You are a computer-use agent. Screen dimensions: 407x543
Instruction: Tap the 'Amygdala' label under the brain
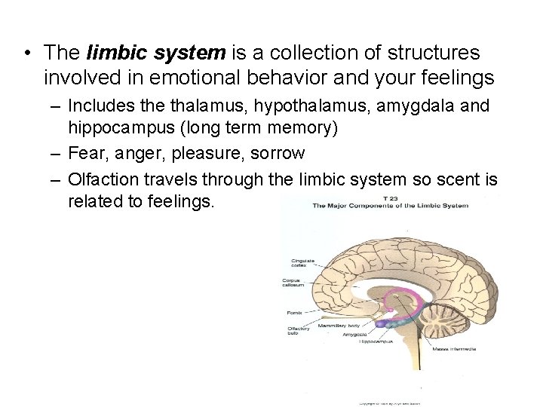(354, 333)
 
